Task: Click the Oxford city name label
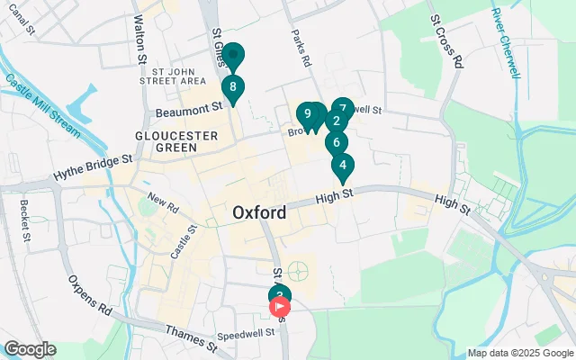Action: tap(259, 213)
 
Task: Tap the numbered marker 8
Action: tap(233, 88)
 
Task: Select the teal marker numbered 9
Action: tap(308, 114)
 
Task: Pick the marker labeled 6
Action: tap(336, 142)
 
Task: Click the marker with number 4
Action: tap(342, 166)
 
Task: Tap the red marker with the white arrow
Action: tap(280, 307)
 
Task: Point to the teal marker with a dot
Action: tap(233, 58)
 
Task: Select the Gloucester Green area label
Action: tap(176, 140)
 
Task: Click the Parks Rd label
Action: tap(300, 49)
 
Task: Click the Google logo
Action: tap(30, 349)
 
